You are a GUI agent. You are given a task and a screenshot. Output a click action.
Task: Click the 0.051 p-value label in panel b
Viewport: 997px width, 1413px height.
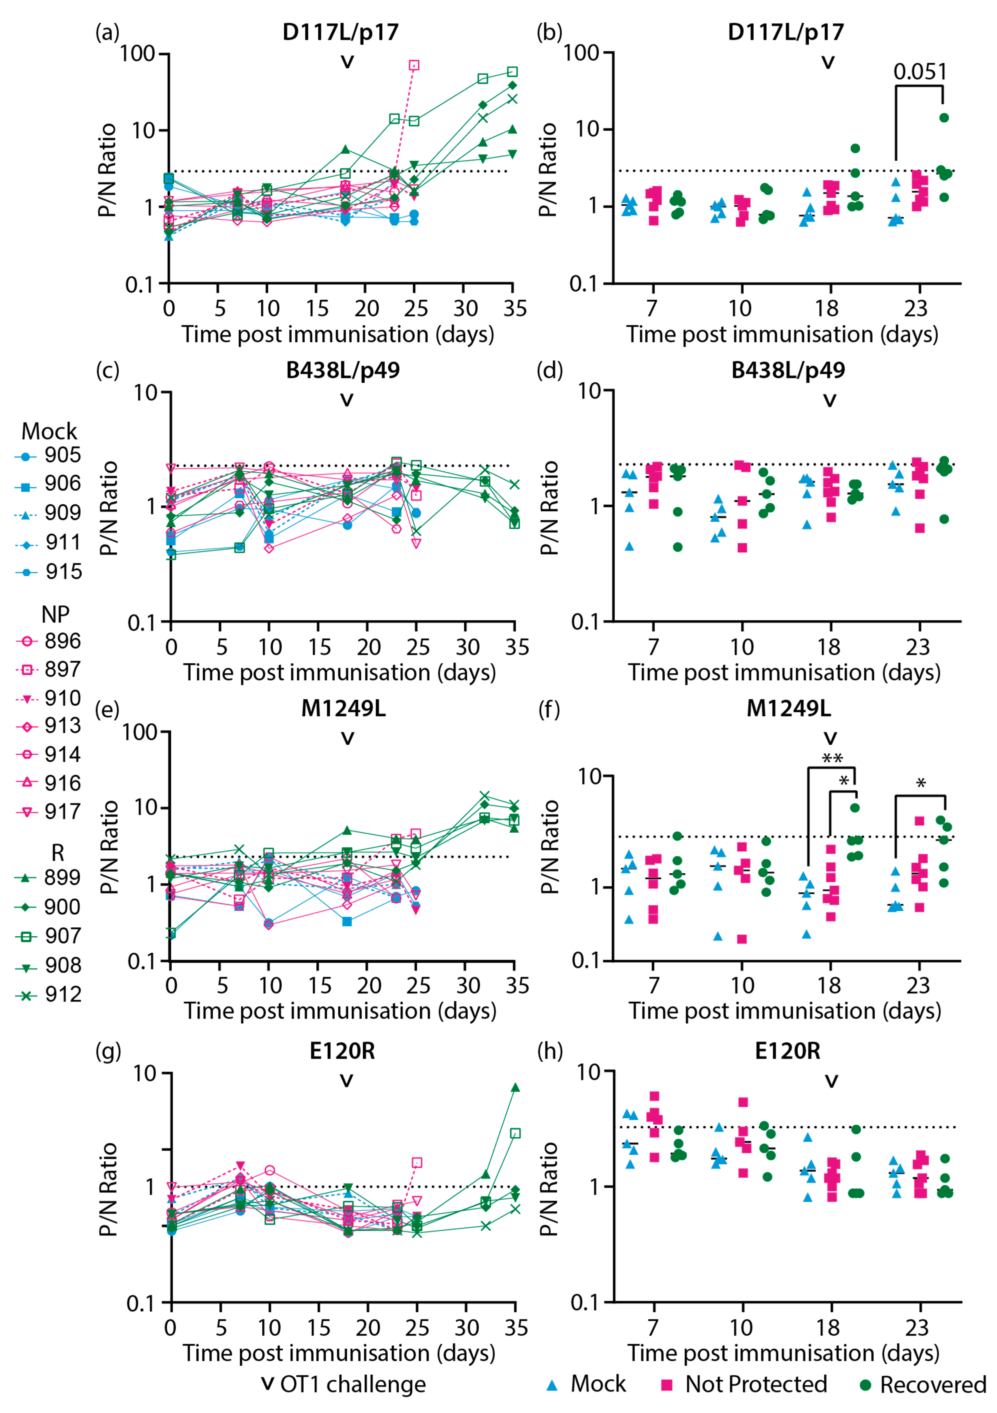tap(919, 72)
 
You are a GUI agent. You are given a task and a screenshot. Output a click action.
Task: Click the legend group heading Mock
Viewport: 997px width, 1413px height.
tap(49, 431)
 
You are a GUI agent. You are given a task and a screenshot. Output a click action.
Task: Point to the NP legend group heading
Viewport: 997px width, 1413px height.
tap(55, 614)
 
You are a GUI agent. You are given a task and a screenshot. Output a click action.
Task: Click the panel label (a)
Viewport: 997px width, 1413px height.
tap(107, 32)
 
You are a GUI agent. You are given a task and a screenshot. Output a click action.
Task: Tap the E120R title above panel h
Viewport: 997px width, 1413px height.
tap(788, 1051)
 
